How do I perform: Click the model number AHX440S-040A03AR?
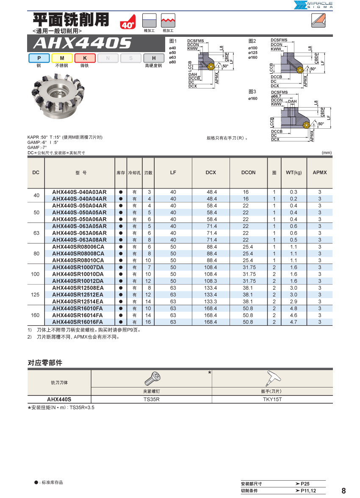click(79, 192)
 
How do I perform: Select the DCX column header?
click(210, 172)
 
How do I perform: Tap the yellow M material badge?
click(62, 58)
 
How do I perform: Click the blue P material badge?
click(39, 58)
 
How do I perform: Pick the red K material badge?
click(85, 58)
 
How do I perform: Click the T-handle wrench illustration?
click(272, 376)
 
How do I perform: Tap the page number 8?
click(343, 491)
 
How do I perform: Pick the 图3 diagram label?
click(252, 91)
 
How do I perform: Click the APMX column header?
click(320, 172)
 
